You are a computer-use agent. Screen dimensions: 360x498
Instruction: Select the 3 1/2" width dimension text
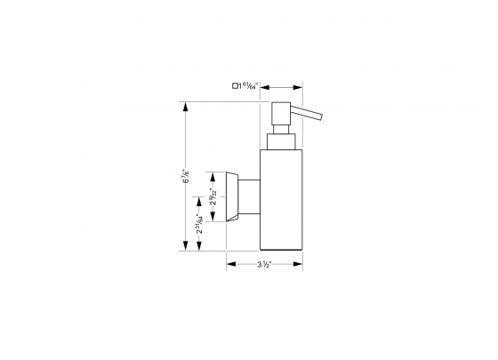[x=264, y=264]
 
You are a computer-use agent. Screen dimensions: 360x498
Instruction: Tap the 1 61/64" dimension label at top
[x=248, y=86]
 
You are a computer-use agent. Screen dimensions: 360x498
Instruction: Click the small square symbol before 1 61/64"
[x=236, y=86]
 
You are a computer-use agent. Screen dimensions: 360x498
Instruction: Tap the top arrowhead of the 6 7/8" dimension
[x=185, y=106]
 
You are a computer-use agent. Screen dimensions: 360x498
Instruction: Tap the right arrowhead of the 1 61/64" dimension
[x=300, y=86]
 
